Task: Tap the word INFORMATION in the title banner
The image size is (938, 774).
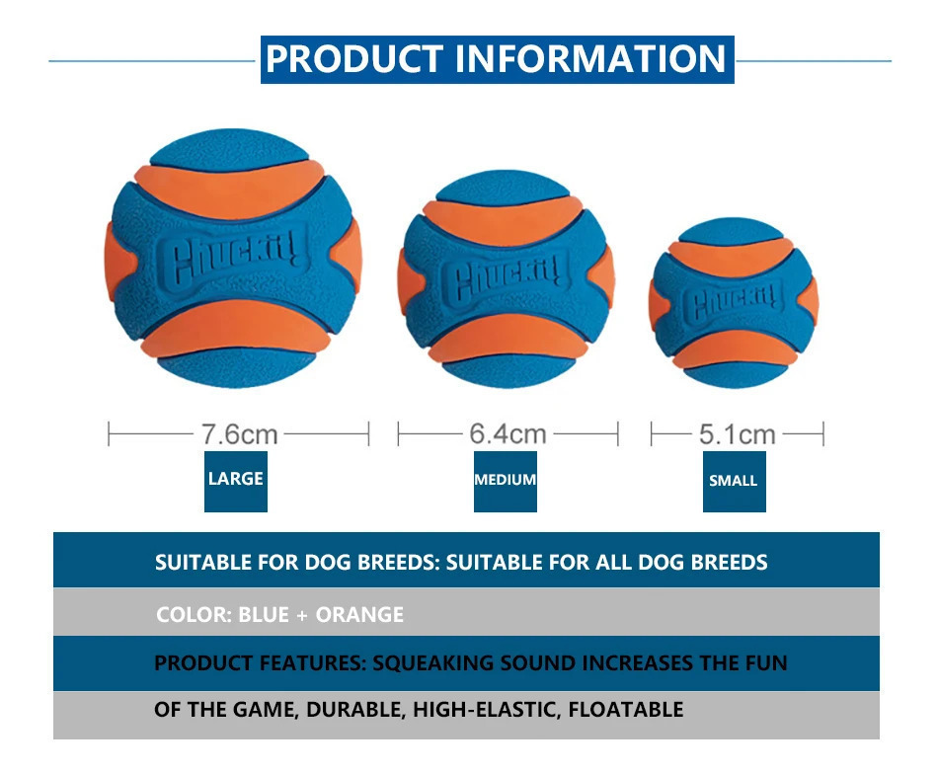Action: pos(590,58)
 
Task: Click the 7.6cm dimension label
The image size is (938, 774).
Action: pos(239,434)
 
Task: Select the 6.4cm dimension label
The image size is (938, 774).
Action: pos(508,433)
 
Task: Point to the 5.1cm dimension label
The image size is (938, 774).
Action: pos(737,434)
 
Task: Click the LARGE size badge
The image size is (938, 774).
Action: pos(236,482)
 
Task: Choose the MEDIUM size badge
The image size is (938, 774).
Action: pos(506,482)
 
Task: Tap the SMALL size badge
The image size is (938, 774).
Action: pos(734,482)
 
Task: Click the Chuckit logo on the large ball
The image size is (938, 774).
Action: pos(232,258)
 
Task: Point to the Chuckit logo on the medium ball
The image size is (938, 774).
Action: pos(506,277)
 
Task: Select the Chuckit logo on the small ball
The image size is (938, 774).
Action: pos(734,303)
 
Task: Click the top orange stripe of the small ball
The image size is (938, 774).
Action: pos(731,256)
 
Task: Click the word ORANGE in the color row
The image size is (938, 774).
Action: pos(359,614)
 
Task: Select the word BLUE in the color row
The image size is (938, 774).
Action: pos(264,614)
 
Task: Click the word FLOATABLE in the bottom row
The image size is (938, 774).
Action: pos(626,710)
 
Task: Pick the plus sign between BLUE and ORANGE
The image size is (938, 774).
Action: pos(302,615)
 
